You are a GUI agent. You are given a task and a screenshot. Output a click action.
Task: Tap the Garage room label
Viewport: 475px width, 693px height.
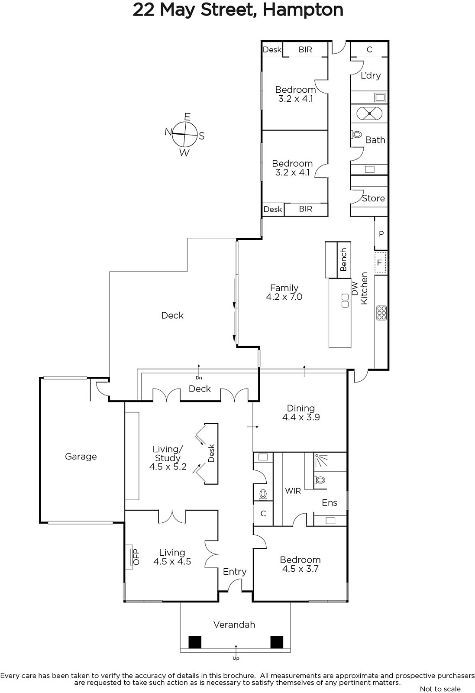81,457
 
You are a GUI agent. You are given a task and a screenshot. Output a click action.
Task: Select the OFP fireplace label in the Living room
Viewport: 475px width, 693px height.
136,557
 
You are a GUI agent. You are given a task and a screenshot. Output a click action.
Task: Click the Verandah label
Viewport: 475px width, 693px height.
234,625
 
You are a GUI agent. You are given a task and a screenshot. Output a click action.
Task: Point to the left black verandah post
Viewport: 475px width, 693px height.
195,642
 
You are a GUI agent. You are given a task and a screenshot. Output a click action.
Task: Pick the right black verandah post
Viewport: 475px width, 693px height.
277,642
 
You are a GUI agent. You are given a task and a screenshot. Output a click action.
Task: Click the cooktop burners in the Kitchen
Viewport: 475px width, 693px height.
381,313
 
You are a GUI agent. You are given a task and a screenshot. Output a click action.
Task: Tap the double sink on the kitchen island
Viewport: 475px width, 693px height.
345,301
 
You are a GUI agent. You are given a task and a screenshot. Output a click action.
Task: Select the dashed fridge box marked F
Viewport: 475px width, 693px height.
380,262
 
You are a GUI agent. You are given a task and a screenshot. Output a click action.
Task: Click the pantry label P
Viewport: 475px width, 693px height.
381,234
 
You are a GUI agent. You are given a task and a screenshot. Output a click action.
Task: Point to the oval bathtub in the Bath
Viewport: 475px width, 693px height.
369,113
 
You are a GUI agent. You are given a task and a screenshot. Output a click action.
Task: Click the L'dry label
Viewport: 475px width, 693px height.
371,75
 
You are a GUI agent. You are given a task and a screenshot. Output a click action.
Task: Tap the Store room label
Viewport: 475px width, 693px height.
373,198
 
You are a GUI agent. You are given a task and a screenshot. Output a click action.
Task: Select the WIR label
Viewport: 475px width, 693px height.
293,491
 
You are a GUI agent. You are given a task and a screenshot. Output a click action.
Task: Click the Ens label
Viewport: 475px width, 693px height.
330,503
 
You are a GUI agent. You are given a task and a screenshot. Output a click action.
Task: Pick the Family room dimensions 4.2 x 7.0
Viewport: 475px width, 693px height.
284,297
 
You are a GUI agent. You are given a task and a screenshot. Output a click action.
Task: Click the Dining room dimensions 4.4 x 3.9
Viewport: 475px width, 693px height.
301,417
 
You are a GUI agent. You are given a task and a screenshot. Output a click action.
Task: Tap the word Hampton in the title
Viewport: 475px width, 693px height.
303,10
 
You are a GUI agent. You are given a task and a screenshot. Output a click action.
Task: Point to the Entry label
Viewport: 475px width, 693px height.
235,572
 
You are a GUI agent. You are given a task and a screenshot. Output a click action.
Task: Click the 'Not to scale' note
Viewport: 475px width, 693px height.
440,689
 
